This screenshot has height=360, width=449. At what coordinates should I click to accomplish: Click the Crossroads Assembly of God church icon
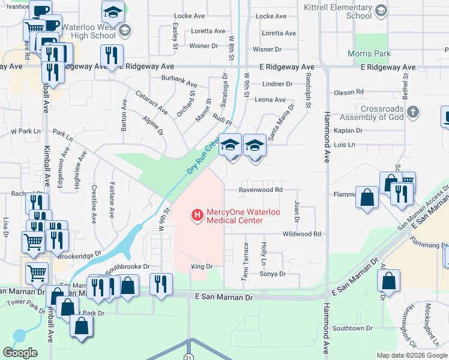coord(412,112)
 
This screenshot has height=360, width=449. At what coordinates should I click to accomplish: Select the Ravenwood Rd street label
coord(261,190)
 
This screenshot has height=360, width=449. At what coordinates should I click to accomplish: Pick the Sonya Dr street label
coord(273,274)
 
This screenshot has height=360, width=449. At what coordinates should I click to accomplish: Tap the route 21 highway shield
coord(188,356)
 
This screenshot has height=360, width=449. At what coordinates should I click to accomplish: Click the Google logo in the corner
coord(20,353)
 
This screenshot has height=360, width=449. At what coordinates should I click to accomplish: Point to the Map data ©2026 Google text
coord(412,356)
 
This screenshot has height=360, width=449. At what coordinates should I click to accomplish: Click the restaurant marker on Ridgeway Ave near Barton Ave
coord(112,56)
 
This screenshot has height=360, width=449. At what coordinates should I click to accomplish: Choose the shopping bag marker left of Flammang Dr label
coord(366,197)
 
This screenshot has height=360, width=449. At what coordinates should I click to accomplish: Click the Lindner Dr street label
coord(277,85)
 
